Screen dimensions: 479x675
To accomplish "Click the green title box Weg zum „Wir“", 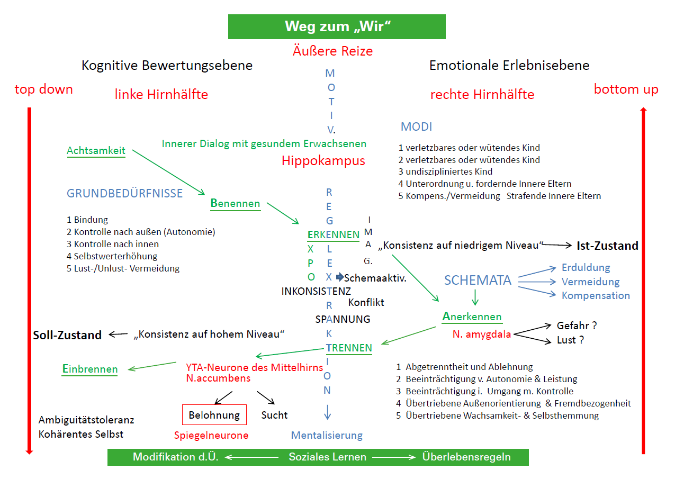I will click(337, 26).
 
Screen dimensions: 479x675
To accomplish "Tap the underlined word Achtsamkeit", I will click(96, 151).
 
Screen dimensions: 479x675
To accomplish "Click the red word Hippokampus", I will click(323, 161).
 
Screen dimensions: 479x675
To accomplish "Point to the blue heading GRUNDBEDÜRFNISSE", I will click(124, 193).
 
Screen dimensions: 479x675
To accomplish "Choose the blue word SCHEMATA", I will click(478, 281).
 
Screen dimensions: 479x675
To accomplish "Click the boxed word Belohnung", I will click(214, 415).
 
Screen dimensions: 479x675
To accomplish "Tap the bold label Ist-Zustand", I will click(607, 246).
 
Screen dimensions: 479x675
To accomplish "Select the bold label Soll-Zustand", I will click(67, 335).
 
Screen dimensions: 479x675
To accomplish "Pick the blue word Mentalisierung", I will click(327, 436).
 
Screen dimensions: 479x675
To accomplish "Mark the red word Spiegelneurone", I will click(211, 436).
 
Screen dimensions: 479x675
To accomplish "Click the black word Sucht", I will click(274, 415).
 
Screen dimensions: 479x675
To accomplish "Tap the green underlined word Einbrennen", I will click(89, 369).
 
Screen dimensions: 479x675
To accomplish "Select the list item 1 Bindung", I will click(87, 220).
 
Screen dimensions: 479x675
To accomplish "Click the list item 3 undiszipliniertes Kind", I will click(445, 171).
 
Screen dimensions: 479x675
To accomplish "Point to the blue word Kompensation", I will click(596, 295).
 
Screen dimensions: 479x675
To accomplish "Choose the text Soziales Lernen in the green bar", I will click(327, 457).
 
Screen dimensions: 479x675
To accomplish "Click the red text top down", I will click(43, 89).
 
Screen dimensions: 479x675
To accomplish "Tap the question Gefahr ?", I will click(577, 326).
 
